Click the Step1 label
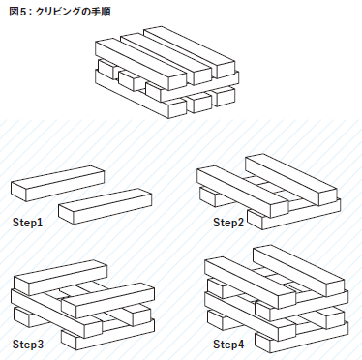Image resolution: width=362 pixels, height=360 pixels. pos(27,223)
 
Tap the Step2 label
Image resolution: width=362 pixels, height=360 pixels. pos(228,223)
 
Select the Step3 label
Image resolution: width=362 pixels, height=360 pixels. pos(28,345)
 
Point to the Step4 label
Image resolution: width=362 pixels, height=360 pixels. pos(228,345)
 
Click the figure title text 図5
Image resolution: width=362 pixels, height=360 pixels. pos(18,12)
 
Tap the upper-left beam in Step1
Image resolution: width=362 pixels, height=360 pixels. pos(58,183)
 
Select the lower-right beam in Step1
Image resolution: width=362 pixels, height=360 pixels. pos(106,206)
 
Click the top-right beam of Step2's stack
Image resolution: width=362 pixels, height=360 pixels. pos(291,180)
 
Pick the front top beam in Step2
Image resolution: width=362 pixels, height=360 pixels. pos(243,192)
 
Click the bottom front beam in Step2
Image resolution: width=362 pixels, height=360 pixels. pos(293,214)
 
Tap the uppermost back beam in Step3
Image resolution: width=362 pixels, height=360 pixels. pos(61,278)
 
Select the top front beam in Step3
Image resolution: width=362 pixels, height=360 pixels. pos(107,300)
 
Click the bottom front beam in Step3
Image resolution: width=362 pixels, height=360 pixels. pos(107,336)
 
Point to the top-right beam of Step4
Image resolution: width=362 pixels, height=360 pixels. pos(299,271)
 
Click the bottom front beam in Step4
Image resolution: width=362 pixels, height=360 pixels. pos(302,337)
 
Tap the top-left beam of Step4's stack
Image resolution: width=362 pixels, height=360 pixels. pos(251,283)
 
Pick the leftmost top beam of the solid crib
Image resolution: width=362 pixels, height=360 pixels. pos(141,64)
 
